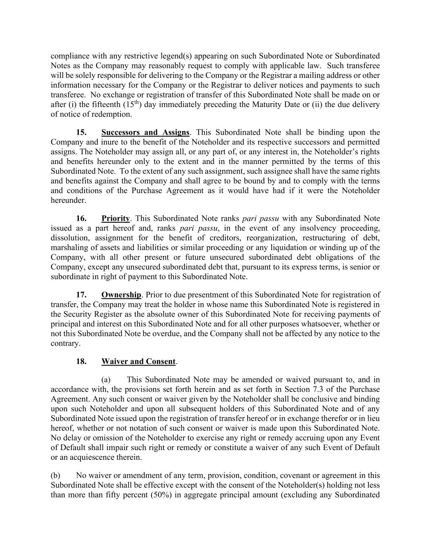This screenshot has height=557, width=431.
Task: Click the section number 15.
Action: pyautogui.click(x=81, y=133)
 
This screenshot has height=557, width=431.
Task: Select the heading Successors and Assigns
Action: pyautogui.click(x=145, y=133)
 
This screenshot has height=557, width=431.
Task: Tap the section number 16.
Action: pyautogui.click(x=81, y=219)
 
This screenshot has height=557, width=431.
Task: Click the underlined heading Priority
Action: pyautogui.click(x=115, y=219)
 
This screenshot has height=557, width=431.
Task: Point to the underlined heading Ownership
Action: pyautogui.click(x=121, y=295)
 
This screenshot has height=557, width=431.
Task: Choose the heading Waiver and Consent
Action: pyautogui.click(x=138, y=362)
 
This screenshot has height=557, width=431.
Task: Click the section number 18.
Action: pyautogui.click(x=81, y=362)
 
